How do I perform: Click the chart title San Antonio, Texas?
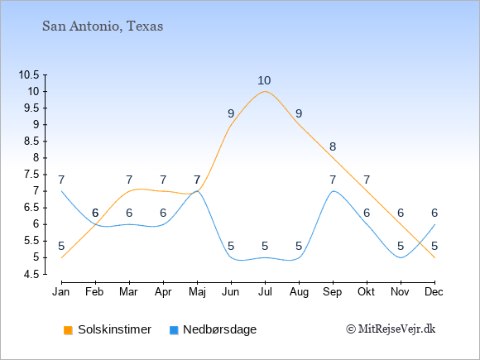coord(103,26)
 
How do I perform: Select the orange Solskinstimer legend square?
coord(68,330)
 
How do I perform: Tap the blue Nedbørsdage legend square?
coord(174,330)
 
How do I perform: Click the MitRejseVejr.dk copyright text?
coord(391,329)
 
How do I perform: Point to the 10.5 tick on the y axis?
coord(29,74)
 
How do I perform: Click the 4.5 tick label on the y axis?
coord(31,274)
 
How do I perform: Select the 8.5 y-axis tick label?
coord(31,142)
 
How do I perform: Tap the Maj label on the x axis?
coord(197,292)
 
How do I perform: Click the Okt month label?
coord(367,292)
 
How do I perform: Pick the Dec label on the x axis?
coord(434,292)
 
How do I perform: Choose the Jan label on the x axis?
coord(61,292)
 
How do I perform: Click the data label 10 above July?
coord(264,81)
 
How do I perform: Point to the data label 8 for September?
coord(333,147)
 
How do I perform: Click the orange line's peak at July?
coord(265,91)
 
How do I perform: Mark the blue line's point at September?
coord(333,191)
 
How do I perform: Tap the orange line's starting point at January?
coord(61,257)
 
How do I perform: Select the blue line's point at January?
coord(61,191)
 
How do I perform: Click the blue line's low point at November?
coord(401,257)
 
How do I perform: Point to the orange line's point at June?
coord(231,125)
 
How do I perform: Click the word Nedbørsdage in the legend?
coord(220,329)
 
